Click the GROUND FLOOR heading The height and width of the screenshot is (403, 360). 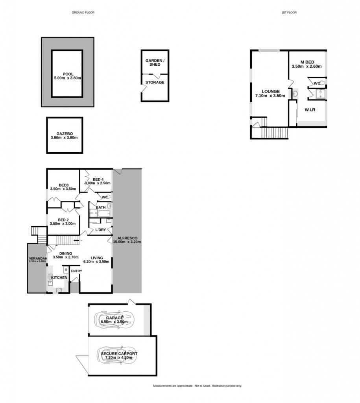pyautogui.click(x=83, y=12)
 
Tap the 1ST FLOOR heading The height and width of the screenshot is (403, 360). pyautogui.click(x=289, y=12)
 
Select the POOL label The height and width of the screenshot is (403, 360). pyautogui.click(x=68, y=74)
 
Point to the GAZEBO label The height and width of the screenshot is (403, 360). pyautogui.click(x=65, y=134)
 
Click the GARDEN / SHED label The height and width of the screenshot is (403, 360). pyautogui.click(x=155, y=63)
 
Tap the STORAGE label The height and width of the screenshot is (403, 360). pyautogui.click(x=155, y=82)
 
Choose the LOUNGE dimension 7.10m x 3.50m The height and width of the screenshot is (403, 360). pyautogui.click(x=270, y=96)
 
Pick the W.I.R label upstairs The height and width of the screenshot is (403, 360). pyautogui.click(x=310, y=110)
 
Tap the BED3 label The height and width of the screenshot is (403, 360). pyautogui.click(x=64, y=185)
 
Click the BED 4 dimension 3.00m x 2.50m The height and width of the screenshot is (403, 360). pyautogui.click(x=98, y=183)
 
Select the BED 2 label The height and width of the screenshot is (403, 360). pyautogui.click(x=63, y=220)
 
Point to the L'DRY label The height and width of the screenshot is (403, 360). pyautogui.click(x=100, y=230)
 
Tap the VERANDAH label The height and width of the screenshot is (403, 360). pyautogui.click(x=38, y=259)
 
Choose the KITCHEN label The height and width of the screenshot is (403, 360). pyautogui.click(x=59, y=277)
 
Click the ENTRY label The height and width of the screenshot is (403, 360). pyautogui.click(x=77, y=271)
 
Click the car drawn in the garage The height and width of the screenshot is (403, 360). pyautogui.click(x=114, y=320)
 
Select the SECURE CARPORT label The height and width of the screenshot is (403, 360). pyautogui.click(x=119, y=354)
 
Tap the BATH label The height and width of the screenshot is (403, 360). pyautogui.click(x=101, y=207)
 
